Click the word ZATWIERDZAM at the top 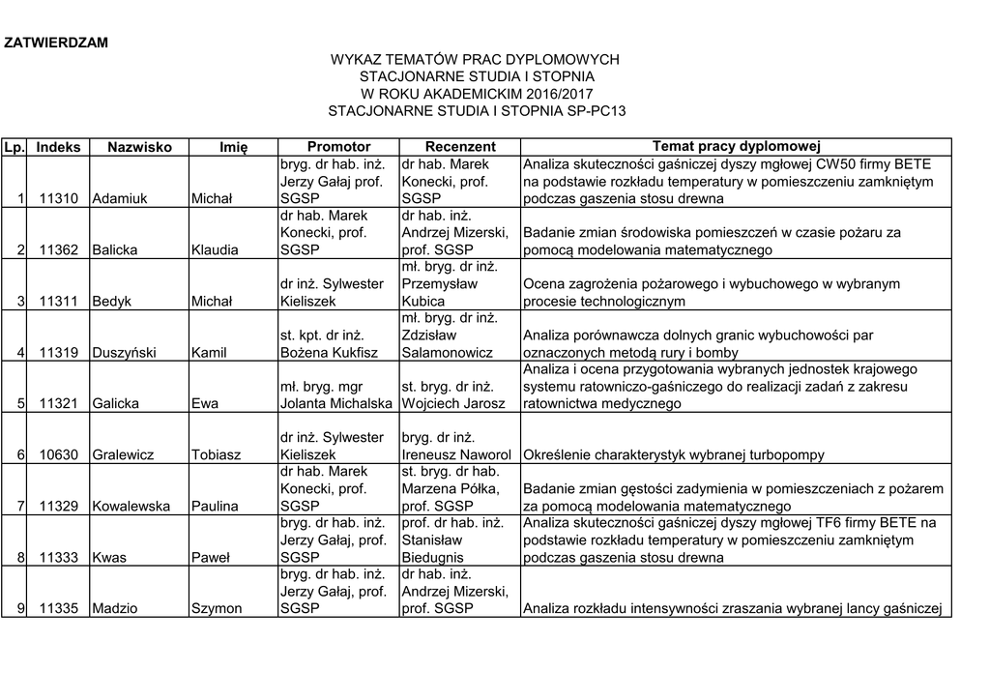pos(56,43)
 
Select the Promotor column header pos(338,146)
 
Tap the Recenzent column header pos(460,146)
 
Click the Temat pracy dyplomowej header pos(736,146)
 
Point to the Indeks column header pos(59,146)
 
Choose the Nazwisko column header pos(139,146)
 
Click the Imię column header pos(233,146)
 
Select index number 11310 pos(59,198)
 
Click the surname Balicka pos(114,249)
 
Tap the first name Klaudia pos(215,249)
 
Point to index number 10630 pos(59,454)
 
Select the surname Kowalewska pos(131,506)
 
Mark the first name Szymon pos(217,608)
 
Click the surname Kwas pos(107,557)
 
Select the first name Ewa pos(204,403)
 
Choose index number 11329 pos(59,506)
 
